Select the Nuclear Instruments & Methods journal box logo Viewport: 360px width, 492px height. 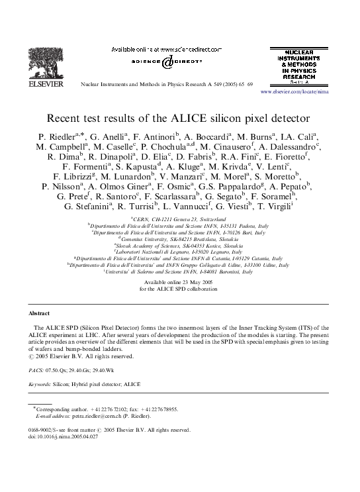click(298, 66)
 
